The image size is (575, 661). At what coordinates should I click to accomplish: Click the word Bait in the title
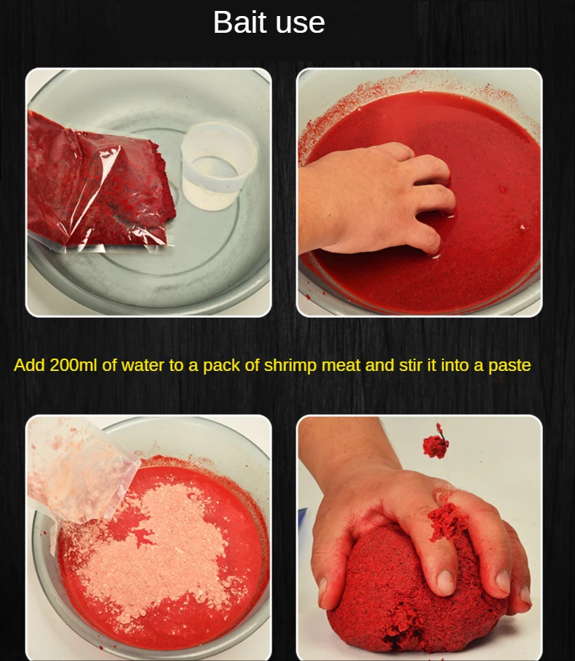(238, 22)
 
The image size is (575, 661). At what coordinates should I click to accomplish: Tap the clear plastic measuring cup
(218, 165)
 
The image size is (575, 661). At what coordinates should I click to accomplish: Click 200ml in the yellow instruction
(74, 365)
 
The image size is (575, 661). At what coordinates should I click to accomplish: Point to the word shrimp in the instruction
(290, 366)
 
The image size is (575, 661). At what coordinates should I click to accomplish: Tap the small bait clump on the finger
(447, 520)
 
